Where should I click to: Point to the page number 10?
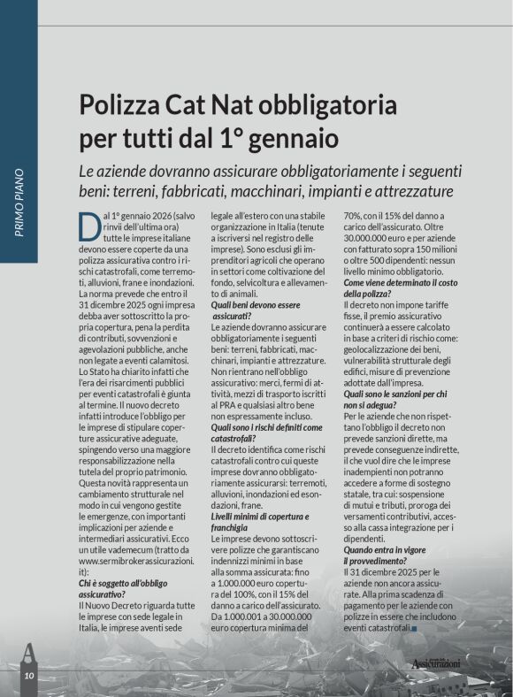click(28, 676)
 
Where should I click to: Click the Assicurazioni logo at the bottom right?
click(448, 663)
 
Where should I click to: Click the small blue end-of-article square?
click(414, 629)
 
